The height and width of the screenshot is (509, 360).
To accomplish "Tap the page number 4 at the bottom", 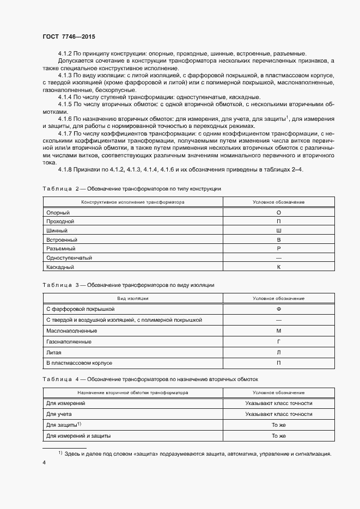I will pyautogui.click(x=44, y=462).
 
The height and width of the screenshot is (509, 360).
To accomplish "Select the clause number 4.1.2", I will pyautogui.click(x=66, y=53).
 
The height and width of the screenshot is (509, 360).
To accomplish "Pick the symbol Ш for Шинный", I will pyautogui.click(x=278, y=231).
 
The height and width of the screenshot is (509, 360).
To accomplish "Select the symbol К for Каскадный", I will pyautogui.click(x=278, y=267).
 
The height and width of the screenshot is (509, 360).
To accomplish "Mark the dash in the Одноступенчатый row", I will pyautogui.click(x=278, y=258).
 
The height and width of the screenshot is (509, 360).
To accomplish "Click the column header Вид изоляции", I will pyautogui.click(x=133, y=298).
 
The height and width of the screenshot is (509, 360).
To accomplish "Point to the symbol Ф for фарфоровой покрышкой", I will pyautogui.click(x=278, y=309).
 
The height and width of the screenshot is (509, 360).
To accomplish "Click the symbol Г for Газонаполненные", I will pyautogui.click(x=278, y=341).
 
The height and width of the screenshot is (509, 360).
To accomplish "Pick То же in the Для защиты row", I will pyautogui.click(x=278, y=425).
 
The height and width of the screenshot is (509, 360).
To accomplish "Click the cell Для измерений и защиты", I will pyautogui.click(x=79, y=436).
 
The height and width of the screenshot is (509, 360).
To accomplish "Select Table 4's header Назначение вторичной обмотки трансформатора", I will pyautogui.click(x=133, y=392).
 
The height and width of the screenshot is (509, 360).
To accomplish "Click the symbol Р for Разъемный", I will pyautogui.click(x=278, y=249).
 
